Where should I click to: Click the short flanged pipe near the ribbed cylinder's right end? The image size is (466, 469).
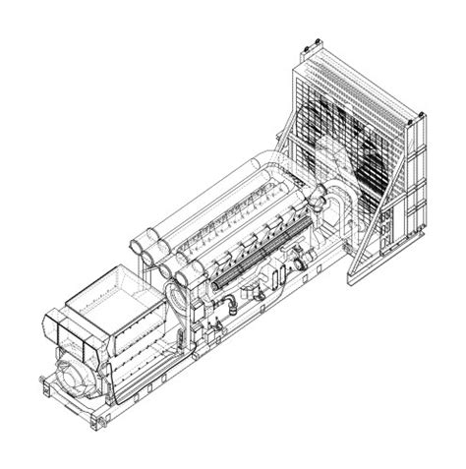coord(300,263)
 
